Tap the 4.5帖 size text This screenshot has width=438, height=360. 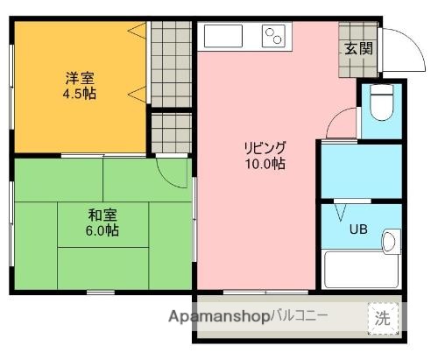(x=79, y=93)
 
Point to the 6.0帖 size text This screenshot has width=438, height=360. (x=102, y=231)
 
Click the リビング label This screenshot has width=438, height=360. (x=265, y=147)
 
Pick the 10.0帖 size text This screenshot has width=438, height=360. (x=265, y=163)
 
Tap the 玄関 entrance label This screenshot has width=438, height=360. (x=357, y=48)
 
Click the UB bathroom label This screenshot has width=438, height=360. (x=359, y=231)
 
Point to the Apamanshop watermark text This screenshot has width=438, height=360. (x=218, y=315)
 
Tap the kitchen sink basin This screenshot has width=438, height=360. (x=225, y=37)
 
